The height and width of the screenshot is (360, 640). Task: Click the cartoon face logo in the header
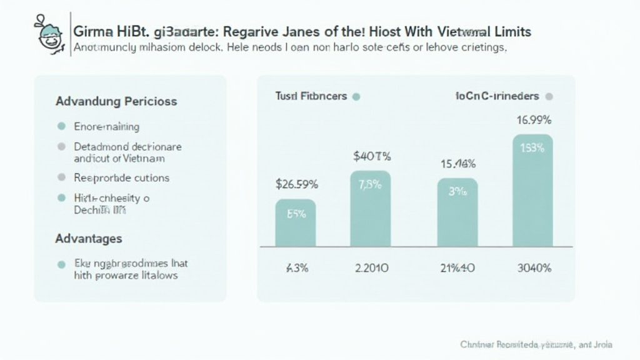pyautogui.click(x=50, y=34)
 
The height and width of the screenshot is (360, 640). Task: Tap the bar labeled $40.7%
pyautogui.click(x=371, y=209)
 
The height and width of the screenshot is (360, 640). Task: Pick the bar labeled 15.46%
pyautogui.click(x=457, y=212)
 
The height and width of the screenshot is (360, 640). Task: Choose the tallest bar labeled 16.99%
pyautogui.click(x=532, y=191)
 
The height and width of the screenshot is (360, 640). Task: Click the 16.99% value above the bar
pyautogui.click(x=534, y=120)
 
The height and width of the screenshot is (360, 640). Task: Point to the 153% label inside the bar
pyautogui.click(x=532, y=148)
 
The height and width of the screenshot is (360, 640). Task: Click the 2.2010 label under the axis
pyautogui.click(x=371, y=268)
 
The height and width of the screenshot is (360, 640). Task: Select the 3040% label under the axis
pyautogui.click(x=534, y=268)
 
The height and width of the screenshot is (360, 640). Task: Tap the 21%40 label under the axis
pyautogui.click(x=457, y=268)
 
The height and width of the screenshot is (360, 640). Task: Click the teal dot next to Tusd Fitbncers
pyautogui.click(x=356, y=97)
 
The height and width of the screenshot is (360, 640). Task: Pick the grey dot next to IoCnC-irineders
pyautogui.click(x=549, y=97)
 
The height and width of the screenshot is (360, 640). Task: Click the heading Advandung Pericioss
pyautogui.click(x=116, y=101)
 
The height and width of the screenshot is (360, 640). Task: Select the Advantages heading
pyautogui.click(x=89, y=239)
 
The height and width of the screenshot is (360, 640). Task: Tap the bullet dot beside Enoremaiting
pyautogui.click(x=61, y=126)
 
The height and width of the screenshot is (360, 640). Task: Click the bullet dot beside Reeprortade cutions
pyautogui.click(x=61, y=177)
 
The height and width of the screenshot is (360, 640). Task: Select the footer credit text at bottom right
pyautogui.click(x=536, y=344)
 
